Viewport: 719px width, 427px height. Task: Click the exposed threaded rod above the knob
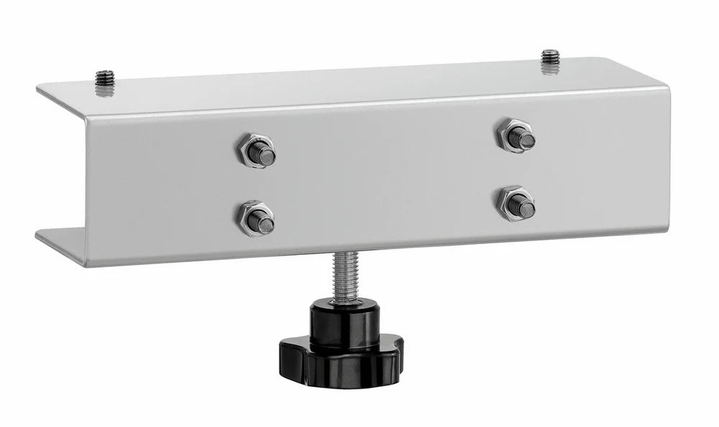[345, 277]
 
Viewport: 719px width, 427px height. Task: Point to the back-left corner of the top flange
[37, 86]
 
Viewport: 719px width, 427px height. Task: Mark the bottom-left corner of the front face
[87, 266]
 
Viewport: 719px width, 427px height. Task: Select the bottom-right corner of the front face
[669, 232]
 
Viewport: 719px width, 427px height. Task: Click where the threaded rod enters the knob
[345, 304]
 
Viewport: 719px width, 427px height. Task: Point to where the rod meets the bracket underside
[345, 253]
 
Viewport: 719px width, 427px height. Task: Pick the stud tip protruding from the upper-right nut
[525, 138]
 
